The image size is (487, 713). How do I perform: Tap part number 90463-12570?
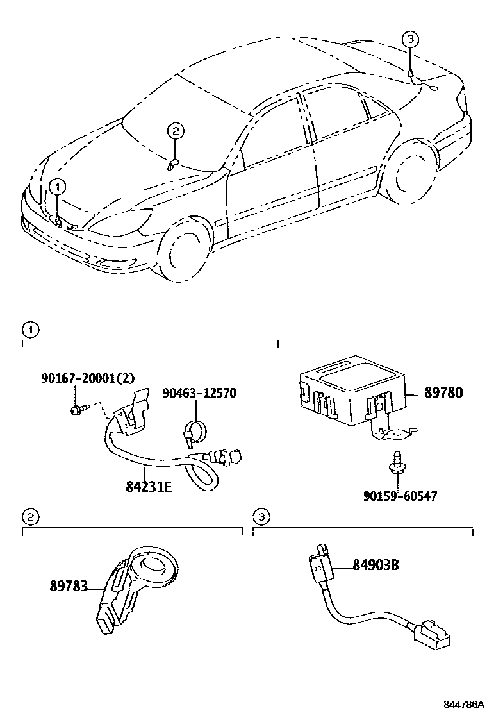point(199,392)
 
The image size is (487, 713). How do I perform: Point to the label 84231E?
point(149,485)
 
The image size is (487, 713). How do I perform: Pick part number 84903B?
point(376,565)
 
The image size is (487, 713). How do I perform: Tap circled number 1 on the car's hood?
point(58,187)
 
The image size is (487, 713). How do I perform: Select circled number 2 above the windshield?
point(175,131)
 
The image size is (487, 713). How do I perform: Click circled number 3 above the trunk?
point(411,39)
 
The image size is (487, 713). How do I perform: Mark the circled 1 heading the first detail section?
point(29,330)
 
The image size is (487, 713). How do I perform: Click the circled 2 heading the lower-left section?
point(29,516)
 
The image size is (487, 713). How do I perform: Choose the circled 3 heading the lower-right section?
point(260,516)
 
